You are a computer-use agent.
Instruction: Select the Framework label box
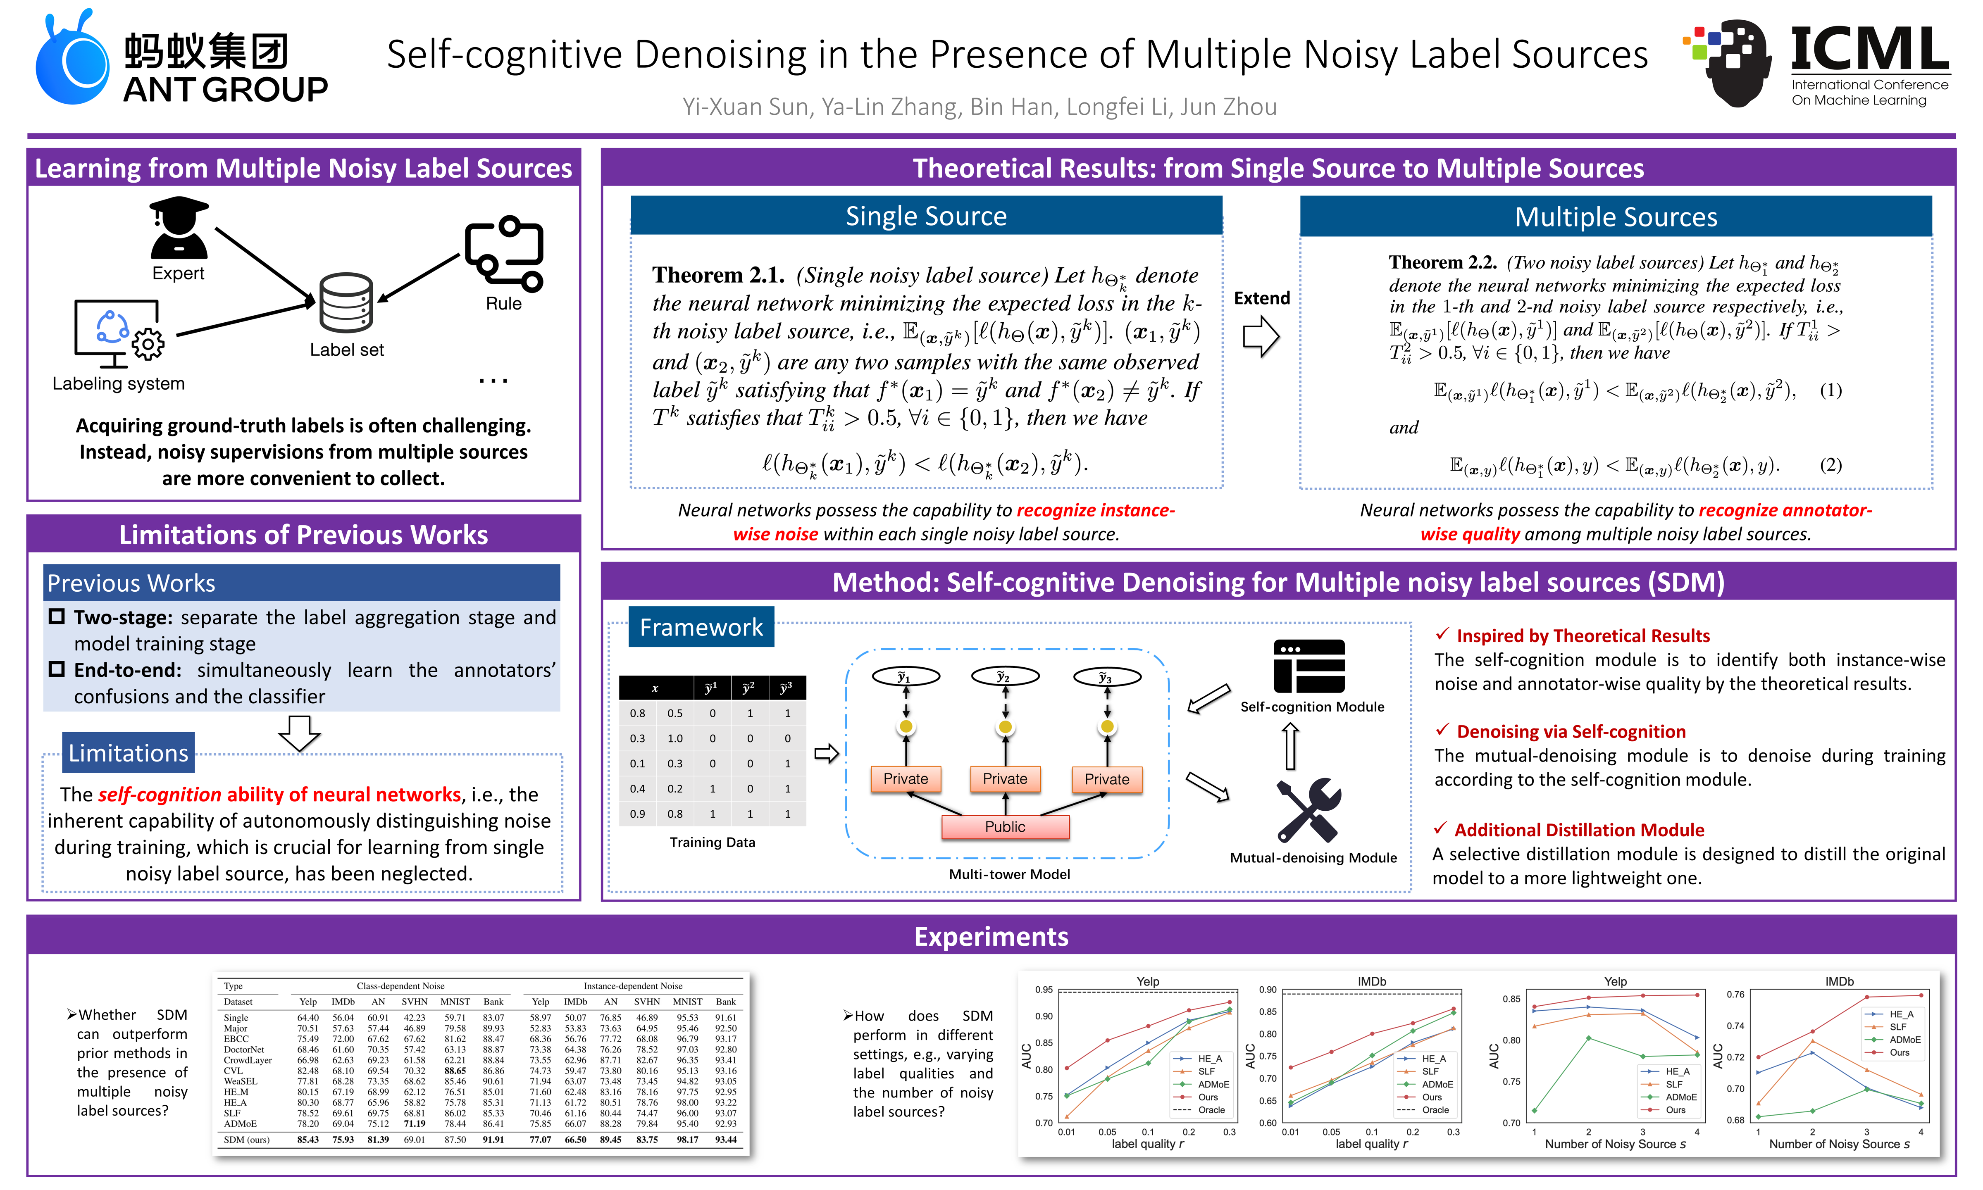(x=701, y=627)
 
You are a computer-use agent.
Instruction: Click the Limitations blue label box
(x=128, y=753)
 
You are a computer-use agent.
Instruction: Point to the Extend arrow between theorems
(x=1261, y=335)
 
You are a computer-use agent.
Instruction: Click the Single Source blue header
(x=926, y=217)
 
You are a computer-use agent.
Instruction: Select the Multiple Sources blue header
(x=1616, y=217)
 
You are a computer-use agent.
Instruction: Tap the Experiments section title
(x=991, y=937)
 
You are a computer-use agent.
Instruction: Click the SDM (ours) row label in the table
(x=246, y=1140)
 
